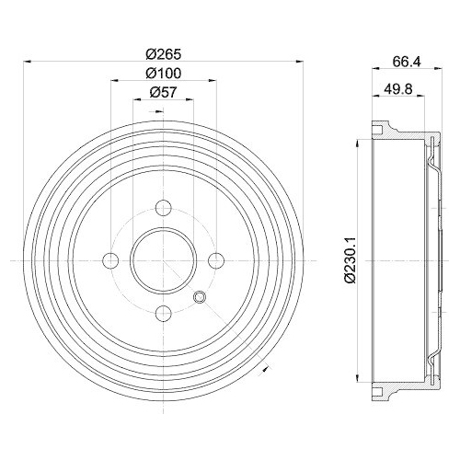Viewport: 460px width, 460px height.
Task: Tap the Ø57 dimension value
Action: (x=165, y=92)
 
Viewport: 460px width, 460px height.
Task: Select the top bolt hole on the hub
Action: (x=164, y=208)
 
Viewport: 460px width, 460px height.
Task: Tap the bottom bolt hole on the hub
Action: (x=164, y=314)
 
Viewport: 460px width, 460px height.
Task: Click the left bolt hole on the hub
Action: (x=111, y=261)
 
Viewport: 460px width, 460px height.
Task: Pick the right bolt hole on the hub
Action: (x=217, y=261)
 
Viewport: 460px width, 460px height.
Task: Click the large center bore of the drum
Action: (x=164, y=261)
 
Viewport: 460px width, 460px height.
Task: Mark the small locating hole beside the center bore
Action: (x=201, y=296)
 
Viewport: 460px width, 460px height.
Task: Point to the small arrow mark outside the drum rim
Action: (x=265, y=370)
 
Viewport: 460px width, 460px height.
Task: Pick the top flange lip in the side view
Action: (x=379, y=128)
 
